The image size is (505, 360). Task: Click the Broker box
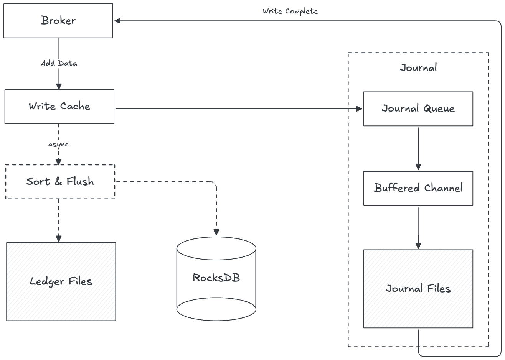pos(58,21)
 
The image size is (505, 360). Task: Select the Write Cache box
pos(59,107)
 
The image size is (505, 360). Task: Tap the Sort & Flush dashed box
pos(60,182)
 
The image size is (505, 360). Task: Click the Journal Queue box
pos(418,109)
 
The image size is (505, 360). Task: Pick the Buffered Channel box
pos(418,188)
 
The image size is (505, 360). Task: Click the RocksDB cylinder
pos(216,278)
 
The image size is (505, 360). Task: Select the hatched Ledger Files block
pos(61,281)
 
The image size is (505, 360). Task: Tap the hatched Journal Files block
pos(418,289)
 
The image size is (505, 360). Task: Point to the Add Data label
pos(59,63)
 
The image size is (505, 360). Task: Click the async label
pos(58,145)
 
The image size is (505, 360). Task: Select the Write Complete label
pos(290,12)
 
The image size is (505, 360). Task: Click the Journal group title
pos(418,68)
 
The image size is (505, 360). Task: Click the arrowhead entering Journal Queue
pos(360,109)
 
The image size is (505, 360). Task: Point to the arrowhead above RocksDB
pos(216,232)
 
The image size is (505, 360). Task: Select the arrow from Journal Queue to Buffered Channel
pos(418,148)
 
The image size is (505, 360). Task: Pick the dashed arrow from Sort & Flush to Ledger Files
pos(58,220)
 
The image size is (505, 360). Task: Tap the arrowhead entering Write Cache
pos(58,87)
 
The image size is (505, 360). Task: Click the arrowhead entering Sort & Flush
pos(58,162)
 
